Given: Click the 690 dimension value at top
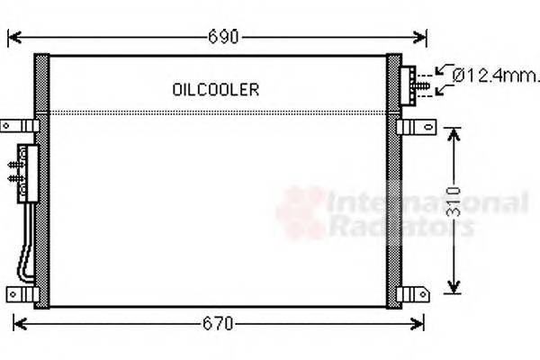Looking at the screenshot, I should click(x=223, y=37).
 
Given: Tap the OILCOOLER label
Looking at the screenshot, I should click(x=215, y=89).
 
